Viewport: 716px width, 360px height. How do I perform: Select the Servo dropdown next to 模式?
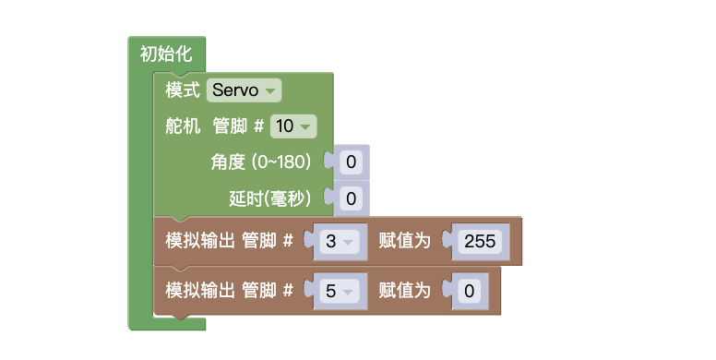point(244,90)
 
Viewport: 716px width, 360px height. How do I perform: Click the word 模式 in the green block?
point(183,90)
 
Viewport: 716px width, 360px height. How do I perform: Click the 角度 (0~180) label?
point(261,162)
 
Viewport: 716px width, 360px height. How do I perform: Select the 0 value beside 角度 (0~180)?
point(351,163)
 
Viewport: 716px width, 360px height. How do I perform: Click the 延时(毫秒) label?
point(269,198)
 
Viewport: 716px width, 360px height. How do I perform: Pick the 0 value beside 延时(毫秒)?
point(351,198)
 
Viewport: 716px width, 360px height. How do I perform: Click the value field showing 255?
point(480,242)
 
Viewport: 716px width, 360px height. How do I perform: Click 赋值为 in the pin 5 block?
point(404,291)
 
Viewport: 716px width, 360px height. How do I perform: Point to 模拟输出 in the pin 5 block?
point(198,291)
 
